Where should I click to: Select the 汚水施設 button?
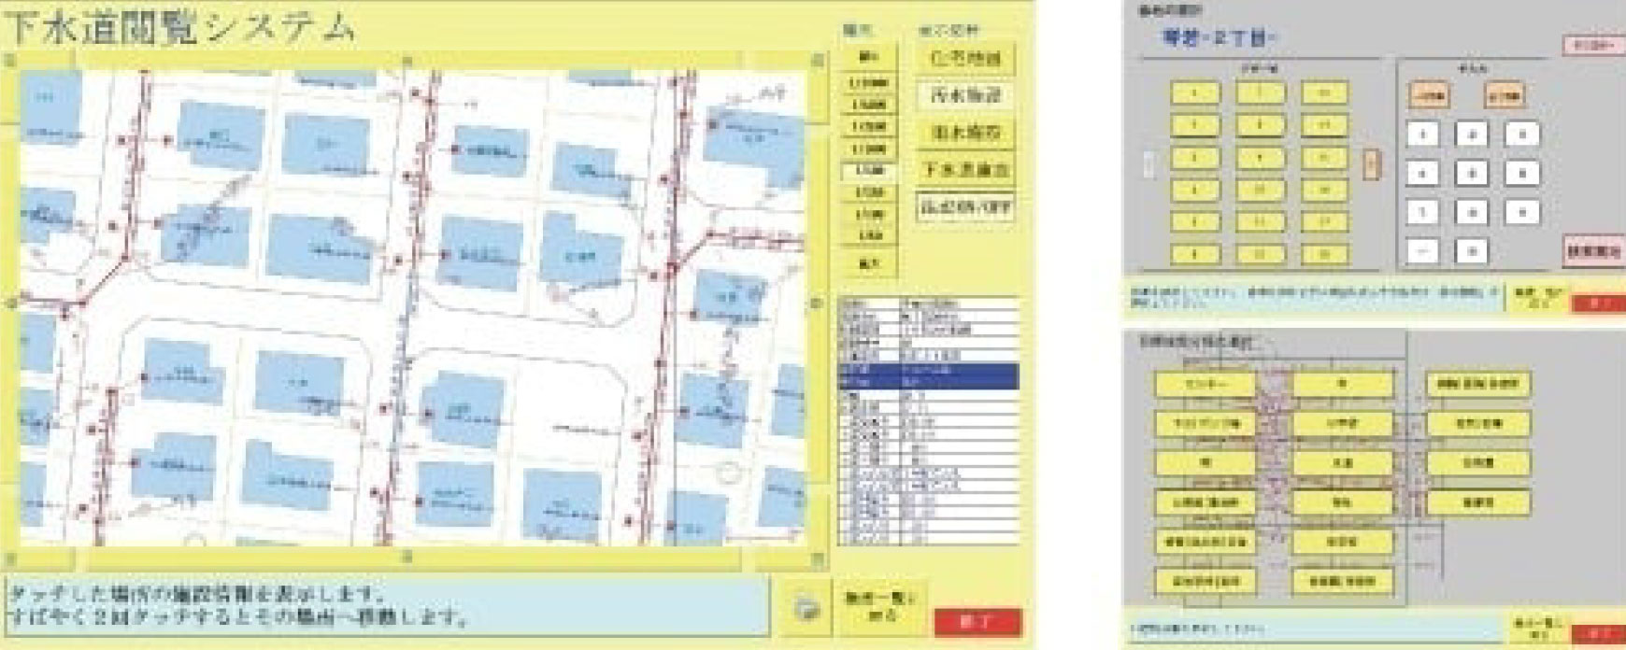point(965,95)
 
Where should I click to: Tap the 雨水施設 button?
point(965,133)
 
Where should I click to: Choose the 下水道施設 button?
point(965,170)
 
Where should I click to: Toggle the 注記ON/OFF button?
point(965,207)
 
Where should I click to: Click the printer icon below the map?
point(806,609)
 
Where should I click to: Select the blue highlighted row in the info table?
point(928,375)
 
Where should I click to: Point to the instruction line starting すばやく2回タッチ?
point(238,616)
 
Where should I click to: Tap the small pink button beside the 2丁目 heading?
point(1593,45)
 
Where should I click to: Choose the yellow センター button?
point(1205,384)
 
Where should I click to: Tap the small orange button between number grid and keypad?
point(1371,165)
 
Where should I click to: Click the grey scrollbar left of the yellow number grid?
point(1148,165)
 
